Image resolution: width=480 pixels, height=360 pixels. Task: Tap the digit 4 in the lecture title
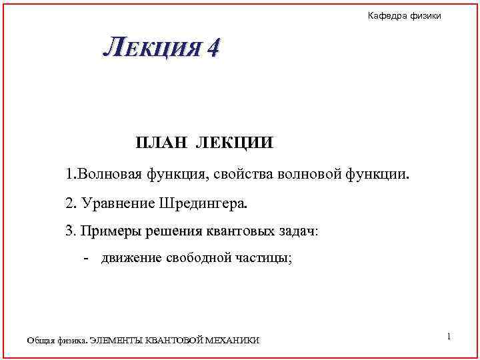tap(213, 48)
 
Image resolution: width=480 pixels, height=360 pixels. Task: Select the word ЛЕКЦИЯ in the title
tap(151, 48)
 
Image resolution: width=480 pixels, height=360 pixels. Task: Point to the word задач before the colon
tap(295, 231)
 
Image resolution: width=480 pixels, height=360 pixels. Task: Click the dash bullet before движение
tap(87, 258)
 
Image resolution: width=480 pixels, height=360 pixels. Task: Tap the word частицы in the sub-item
tap(265, 258)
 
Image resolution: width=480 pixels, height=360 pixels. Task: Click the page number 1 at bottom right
tap(449, 337)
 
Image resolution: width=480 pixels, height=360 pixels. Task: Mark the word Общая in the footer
tap(39, 341)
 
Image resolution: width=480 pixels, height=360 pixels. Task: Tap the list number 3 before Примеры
tap(69, 231)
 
